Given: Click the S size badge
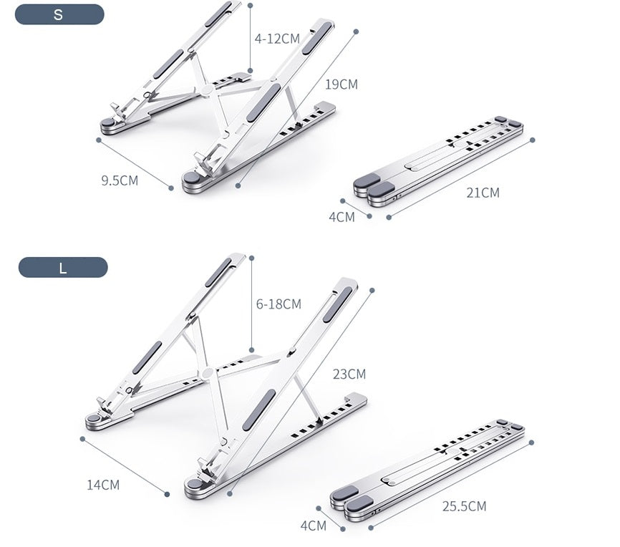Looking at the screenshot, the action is coord(59,14).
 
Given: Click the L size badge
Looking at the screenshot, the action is coord(63,268).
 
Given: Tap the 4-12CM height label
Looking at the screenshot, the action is coord(277,39).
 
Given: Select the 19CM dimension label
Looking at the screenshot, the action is coord(342,84).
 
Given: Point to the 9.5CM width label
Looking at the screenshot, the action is coord(120,180).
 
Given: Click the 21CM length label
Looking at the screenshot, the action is coord(483,193).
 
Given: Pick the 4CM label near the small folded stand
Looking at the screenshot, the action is coord(342,217).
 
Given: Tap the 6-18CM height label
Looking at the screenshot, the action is coord(278,304).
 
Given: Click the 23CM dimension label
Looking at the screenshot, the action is coord(349,374).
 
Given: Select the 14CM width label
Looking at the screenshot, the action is coord(103,485).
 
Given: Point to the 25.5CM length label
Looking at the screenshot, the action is coord(464,506).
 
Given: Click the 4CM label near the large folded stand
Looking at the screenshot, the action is coord(314,526).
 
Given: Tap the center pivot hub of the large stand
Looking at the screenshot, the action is coord(208,373).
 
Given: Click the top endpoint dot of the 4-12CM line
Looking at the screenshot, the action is coord(250,5).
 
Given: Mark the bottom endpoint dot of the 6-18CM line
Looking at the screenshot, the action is coord(252,350).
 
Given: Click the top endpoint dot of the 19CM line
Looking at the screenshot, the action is coord(356,32).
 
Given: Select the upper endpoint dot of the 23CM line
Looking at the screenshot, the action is coord(372,291).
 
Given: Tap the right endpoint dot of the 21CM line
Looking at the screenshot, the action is coord(532,140).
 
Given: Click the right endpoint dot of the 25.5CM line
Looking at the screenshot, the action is coord(531,442).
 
